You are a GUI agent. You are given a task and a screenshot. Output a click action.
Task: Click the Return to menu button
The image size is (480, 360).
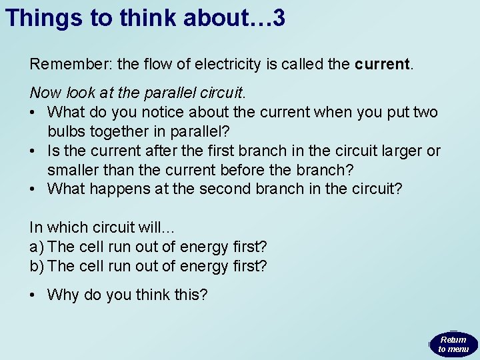tap(453, 344)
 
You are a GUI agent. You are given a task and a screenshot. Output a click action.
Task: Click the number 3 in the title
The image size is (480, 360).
tap(279, 18)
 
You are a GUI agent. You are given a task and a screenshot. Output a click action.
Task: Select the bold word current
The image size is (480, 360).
tap(383, 65)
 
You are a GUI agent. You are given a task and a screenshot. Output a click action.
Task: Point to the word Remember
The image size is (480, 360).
tap(70, 65)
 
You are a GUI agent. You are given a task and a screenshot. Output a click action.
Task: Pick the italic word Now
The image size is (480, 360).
tap(43, 93)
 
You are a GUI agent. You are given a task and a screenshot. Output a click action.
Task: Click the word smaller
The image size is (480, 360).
tap(73, 169)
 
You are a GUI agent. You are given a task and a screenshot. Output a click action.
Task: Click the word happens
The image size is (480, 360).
tap(123, 189)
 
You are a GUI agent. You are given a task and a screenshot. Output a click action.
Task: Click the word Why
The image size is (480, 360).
tap(63, 294)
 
